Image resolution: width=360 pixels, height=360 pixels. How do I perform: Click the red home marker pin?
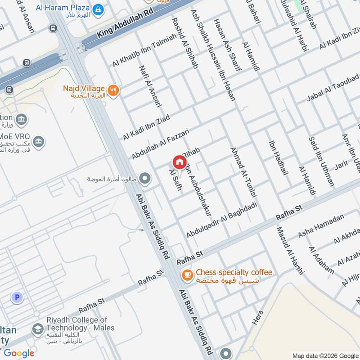click(179, 162)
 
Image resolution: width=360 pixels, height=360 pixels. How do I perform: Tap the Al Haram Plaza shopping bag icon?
click(97, 9)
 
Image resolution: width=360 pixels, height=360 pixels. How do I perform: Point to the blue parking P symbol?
click(17, 297)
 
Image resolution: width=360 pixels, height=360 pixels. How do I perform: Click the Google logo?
click(19, 353)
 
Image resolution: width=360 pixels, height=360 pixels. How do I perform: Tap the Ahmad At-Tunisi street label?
click(243, 173)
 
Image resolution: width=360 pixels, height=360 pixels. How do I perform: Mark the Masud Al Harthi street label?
click(290, 250)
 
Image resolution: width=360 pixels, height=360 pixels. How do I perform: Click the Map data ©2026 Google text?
click(325, 355)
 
